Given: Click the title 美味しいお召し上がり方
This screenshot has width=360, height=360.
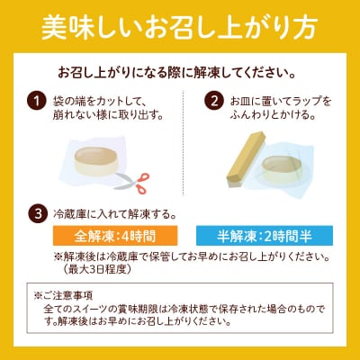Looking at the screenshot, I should pyautogui.click(x=180, y=27).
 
